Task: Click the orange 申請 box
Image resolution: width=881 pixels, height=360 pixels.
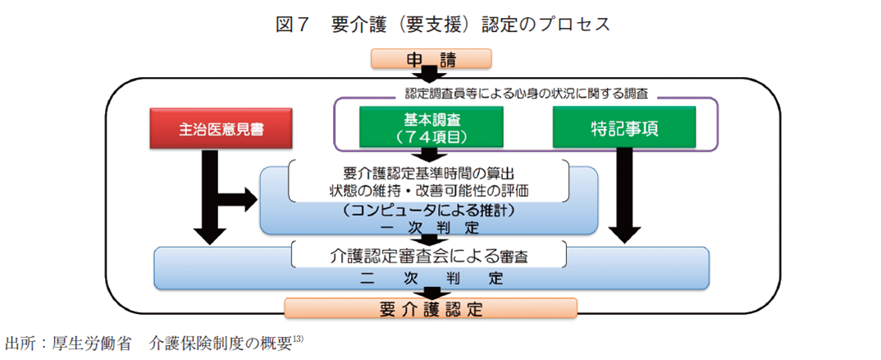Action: click(x=431, y=58)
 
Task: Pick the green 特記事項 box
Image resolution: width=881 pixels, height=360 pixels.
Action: click(x=624, y=130)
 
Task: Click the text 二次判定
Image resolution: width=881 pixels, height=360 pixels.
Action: click(x=431, y=277)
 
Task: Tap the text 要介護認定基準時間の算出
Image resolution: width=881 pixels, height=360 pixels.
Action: click(x=429, y=174)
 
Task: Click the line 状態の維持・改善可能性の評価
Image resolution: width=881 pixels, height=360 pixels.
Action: click(x=429, y=191)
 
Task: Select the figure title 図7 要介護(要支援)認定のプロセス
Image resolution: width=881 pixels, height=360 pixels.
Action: click(x=442, y=24)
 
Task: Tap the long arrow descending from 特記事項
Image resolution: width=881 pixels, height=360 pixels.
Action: click(x=625, y=197)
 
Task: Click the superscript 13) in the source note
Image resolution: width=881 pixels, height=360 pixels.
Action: click(x=299, y=338)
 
